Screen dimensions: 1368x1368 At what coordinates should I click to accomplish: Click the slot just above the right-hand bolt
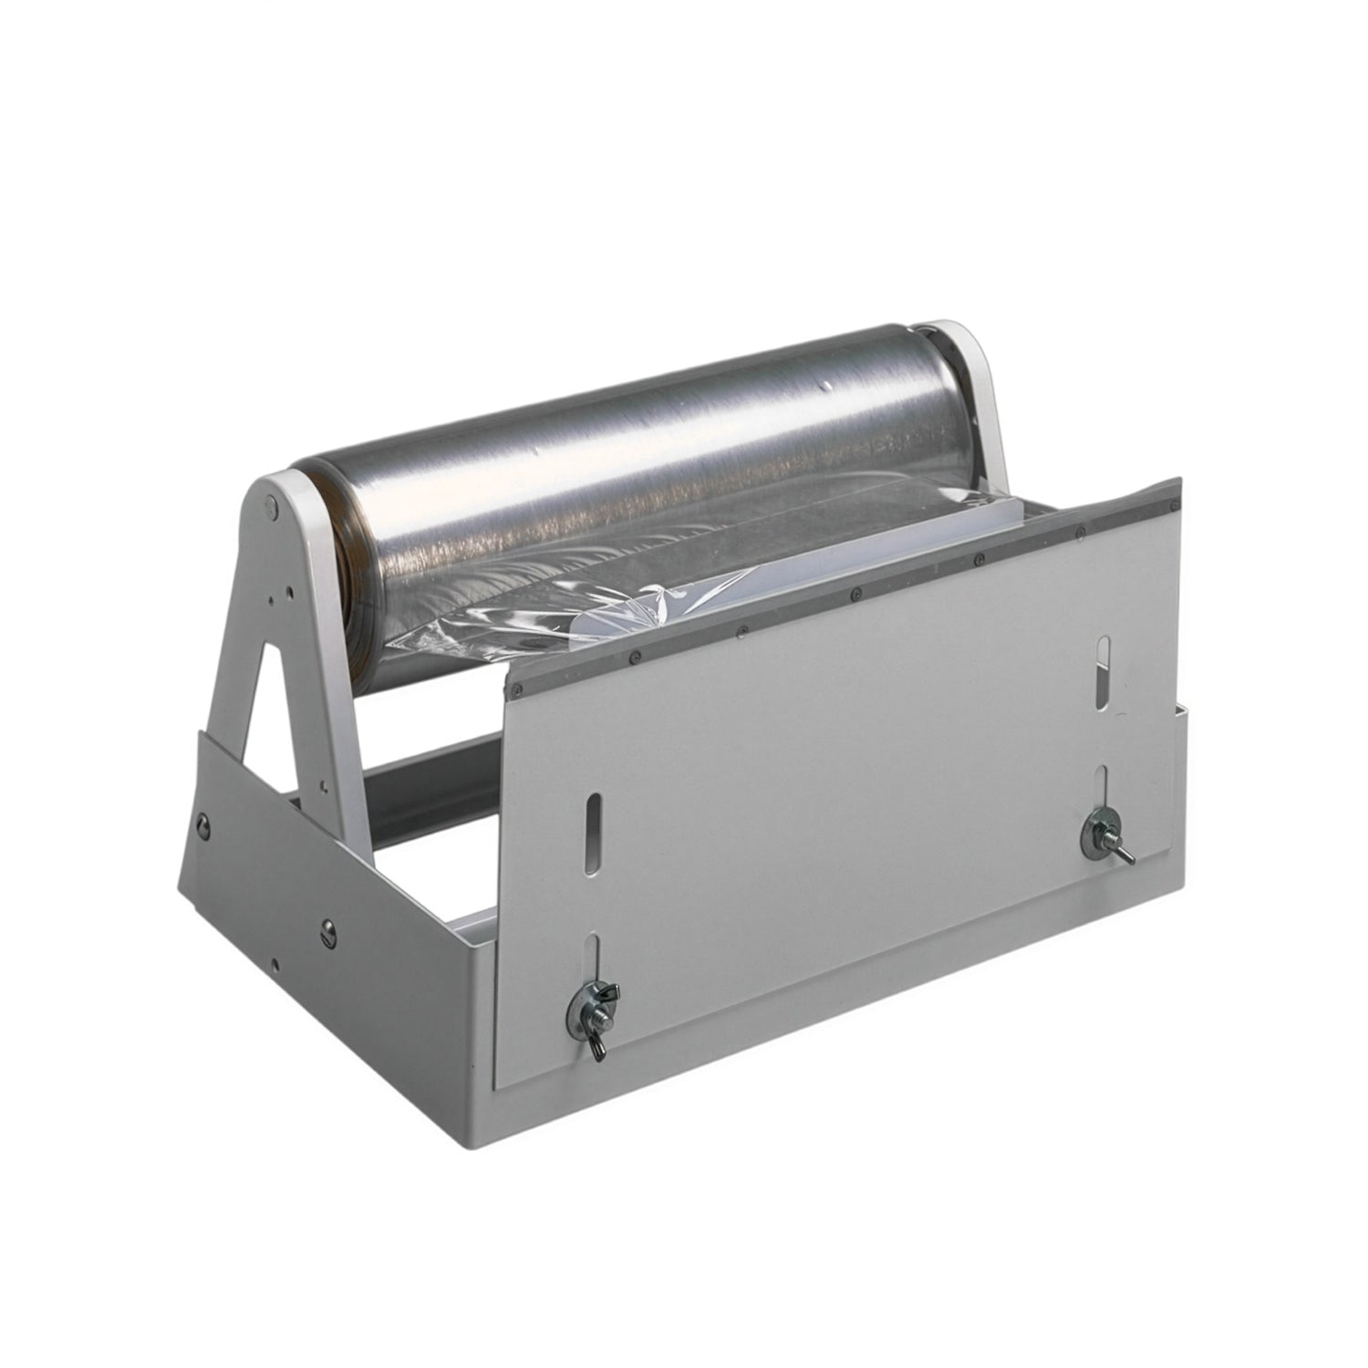(1102, 785)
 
